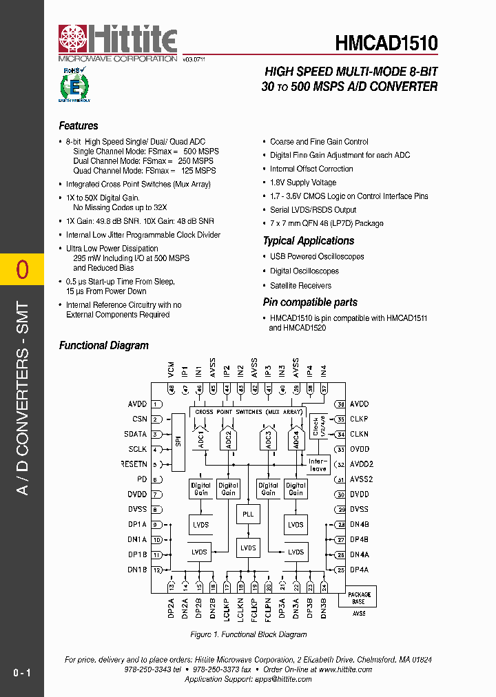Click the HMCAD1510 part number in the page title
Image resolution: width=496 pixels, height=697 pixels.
[386, 43]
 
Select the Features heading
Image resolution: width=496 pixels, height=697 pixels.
[79, 125]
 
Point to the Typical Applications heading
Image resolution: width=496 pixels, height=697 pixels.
[309, 240]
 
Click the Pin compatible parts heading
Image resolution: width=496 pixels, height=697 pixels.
[310, 302]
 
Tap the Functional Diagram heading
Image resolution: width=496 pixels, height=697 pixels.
[104, 345]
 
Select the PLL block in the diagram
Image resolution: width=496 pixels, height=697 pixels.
[248, 514]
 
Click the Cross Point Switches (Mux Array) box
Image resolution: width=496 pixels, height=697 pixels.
[249, 412]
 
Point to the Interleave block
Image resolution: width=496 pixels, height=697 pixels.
[318, 464]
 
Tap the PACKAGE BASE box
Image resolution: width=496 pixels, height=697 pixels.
[359, 597]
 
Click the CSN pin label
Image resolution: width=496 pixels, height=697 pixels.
[140, 419]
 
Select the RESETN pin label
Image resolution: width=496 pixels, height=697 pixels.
[134, 464]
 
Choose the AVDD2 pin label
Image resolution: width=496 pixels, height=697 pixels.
[361, 464]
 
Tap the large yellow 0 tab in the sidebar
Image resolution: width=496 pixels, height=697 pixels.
[22, 269]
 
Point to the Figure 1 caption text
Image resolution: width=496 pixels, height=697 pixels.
[248, 634]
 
